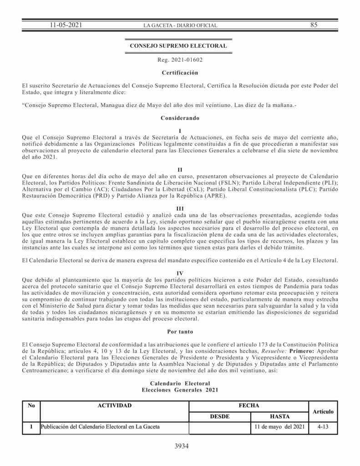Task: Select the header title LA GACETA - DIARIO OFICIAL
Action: coord(180,26)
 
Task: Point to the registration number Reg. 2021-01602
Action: coord(180,60)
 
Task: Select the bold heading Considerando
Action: coord(179,118)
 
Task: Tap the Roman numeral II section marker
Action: coord(180,170)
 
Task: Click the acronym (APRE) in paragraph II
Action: coord(219,196)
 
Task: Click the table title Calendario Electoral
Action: coord(180,384)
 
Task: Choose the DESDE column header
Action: coord(219,416)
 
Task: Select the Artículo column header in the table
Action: coord(323,411)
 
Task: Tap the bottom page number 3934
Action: coord(181,446)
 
